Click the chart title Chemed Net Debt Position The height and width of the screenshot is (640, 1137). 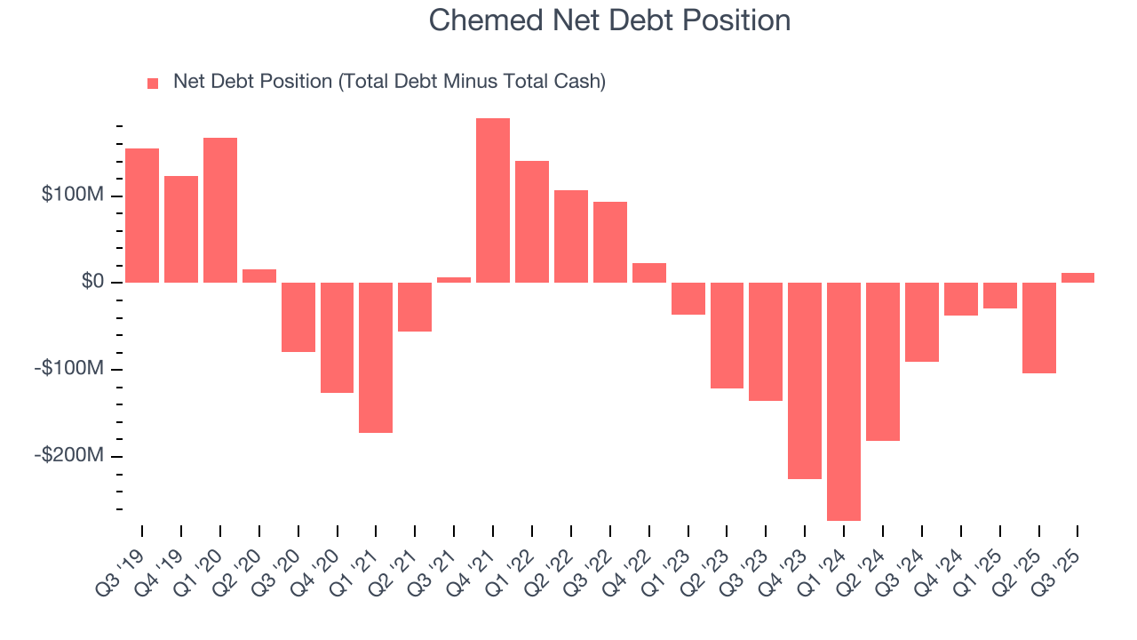(x=609, y=20)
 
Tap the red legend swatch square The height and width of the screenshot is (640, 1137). (x=153, y=83)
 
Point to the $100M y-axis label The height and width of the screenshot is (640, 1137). (x=73, y=195)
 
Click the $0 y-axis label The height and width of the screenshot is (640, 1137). (x=92, y=282)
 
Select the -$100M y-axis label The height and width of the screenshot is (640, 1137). (x=70, y=369)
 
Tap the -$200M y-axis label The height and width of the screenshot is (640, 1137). (x=70, y=455)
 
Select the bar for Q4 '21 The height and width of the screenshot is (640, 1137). (x=493, y=200)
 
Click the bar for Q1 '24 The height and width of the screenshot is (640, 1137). (x=844, y=401)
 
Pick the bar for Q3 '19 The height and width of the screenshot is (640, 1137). (x=142, y=215)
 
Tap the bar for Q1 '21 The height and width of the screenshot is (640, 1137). (x=376, y=357)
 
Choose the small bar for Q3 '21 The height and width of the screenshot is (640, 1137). (x=454, y=280)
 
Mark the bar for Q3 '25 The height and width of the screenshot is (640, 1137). (x=1077, y=277)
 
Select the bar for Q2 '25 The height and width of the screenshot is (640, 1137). (x=1038, y=327)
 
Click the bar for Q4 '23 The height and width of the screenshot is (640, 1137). (x=805, y=380)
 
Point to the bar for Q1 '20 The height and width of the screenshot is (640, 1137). (x=220, y=210)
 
